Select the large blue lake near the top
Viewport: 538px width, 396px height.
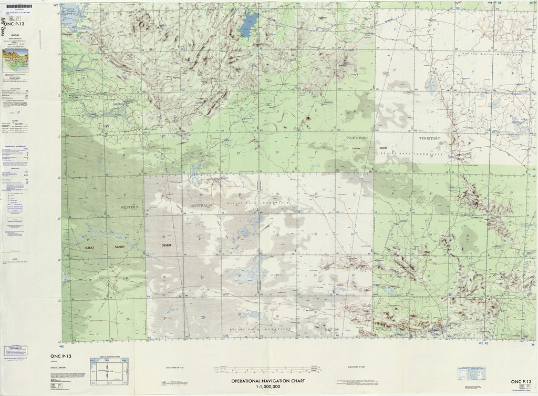[x=248, y=25]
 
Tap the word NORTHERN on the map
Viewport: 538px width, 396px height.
[x=357, y=137]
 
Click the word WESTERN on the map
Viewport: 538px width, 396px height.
[x=129, y=207]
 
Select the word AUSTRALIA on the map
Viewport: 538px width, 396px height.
[x=201, y=205]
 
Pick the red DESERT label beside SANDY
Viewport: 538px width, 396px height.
[x=167, y=245]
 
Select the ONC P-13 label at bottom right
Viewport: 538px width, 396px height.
[x=521, y=381]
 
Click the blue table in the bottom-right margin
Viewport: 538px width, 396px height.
[x=471, y=373]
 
